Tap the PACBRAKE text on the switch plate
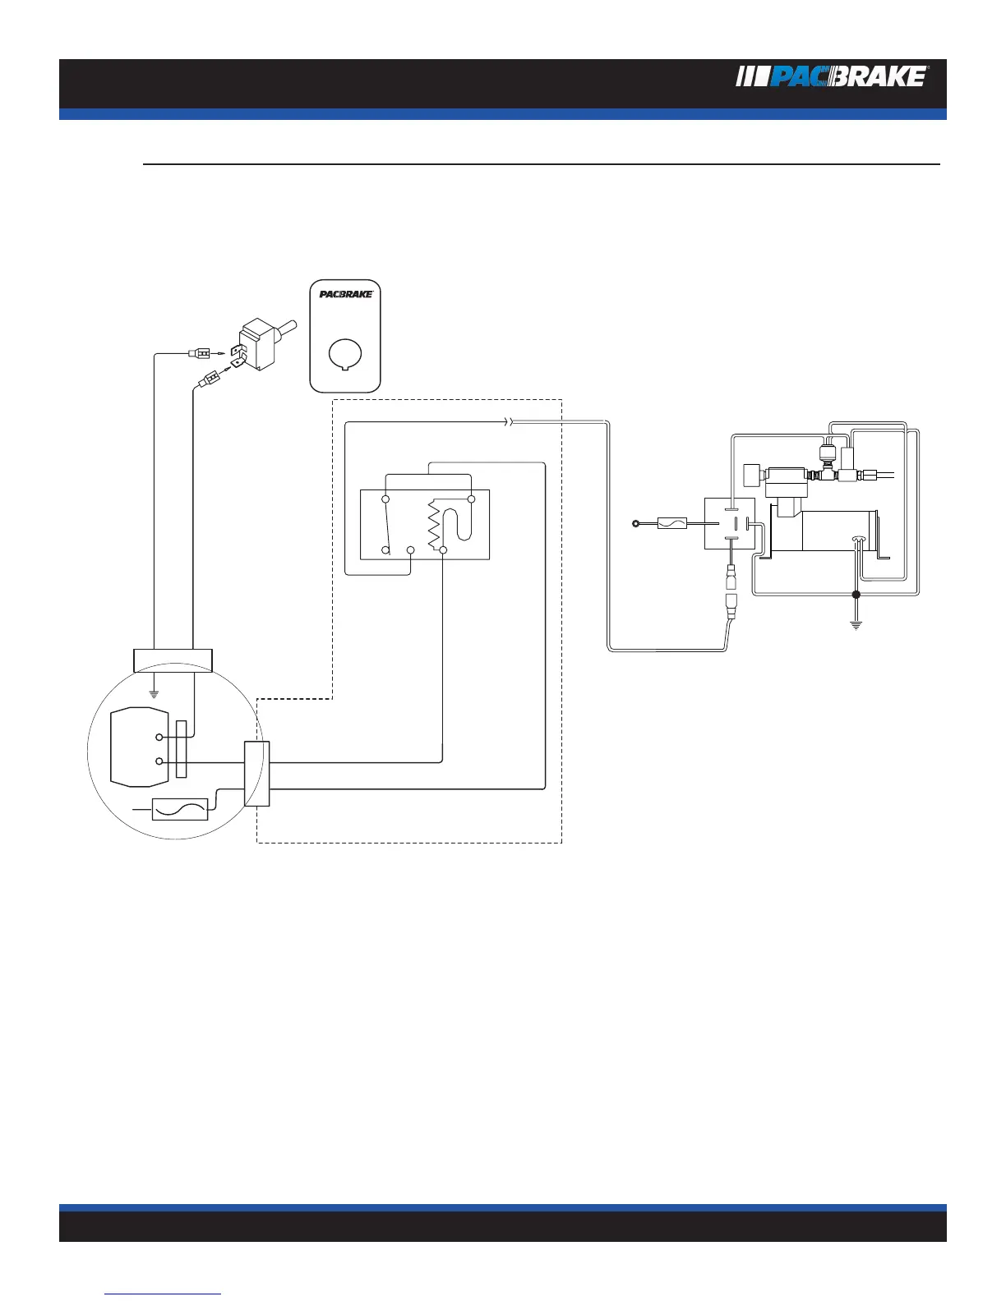[x=345, y=294]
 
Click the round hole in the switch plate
[x=345, y=353]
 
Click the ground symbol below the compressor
[x=856, y=624]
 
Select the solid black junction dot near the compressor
[x=856, y=594]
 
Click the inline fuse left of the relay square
[x=672, y=522]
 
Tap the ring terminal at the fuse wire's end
[x=635, y=522]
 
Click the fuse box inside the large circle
[x=181, y=809]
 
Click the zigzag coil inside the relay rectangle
[x=434, y=530]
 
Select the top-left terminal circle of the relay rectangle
[x=385, y=499]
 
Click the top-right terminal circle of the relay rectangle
[x=471, y=499]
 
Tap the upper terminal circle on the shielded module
[x=159, y=738]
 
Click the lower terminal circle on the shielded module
[x=159, y=762]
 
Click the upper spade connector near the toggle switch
[x=199, y=354]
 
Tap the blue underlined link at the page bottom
[x=164, y=1294]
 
